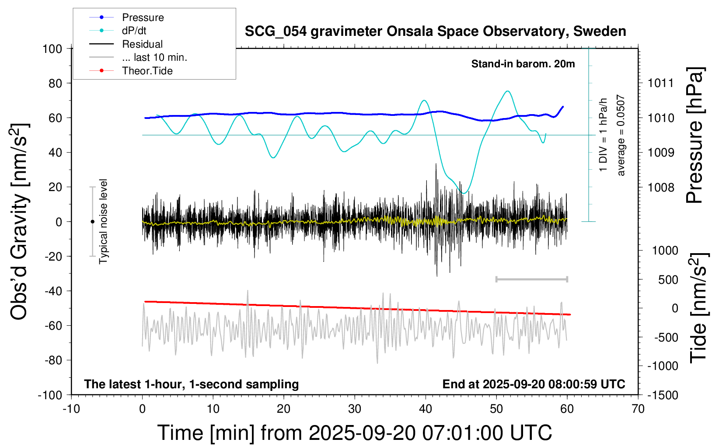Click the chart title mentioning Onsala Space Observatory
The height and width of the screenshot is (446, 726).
435,31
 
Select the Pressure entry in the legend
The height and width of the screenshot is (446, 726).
143,17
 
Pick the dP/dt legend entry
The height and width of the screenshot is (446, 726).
134,31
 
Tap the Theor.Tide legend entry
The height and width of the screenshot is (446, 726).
147,71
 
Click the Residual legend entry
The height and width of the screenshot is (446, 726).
142,44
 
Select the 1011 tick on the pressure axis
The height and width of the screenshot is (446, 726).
661,83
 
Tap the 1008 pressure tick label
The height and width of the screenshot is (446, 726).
661,188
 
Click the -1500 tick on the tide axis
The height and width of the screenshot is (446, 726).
663,395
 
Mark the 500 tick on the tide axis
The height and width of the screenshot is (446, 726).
668,280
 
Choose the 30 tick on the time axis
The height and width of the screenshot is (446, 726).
355,409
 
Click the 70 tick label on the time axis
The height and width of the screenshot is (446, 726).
638,409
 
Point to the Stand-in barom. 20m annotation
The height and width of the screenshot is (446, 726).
523,64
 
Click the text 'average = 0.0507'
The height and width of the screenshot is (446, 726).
621,136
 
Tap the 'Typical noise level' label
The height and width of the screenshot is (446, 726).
103,221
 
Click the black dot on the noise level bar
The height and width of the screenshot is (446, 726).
92,222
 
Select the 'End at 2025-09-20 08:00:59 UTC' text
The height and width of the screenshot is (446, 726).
534,384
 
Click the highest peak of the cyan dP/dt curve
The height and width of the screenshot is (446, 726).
507,91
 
